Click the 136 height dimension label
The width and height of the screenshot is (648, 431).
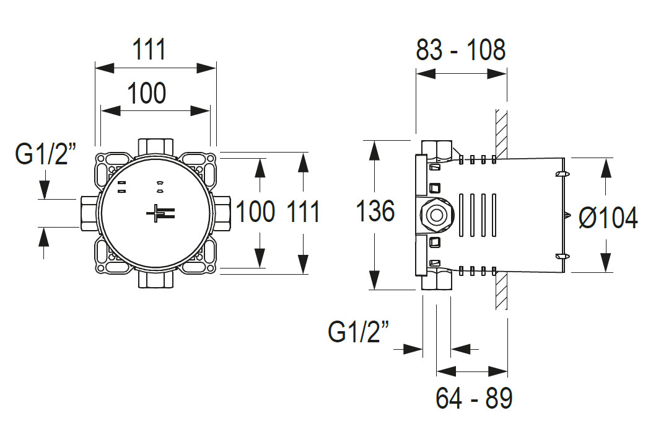coord(375,211)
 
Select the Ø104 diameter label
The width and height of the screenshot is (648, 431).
coord(608,218)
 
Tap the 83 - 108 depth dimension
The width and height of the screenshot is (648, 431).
coord(460,50)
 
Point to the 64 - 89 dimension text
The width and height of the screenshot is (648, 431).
coord(474,398)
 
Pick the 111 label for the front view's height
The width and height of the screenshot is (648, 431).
coord(303,212)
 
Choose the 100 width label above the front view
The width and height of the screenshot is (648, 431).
coord(147,94)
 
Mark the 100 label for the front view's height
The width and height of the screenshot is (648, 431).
coord(255,212)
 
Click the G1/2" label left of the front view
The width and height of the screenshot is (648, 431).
coord(45,155)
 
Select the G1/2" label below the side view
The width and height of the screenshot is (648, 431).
coord(359,332)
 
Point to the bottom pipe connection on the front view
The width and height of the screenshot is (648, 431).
coord(155,280)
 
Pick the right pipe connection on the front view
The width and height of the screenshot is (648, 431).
coord(223,213)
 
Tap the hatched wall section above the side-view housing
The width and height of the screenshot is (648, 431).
coord(501,133)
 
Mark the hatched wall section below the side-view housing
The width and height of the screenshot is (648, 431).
coord(501,291)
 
